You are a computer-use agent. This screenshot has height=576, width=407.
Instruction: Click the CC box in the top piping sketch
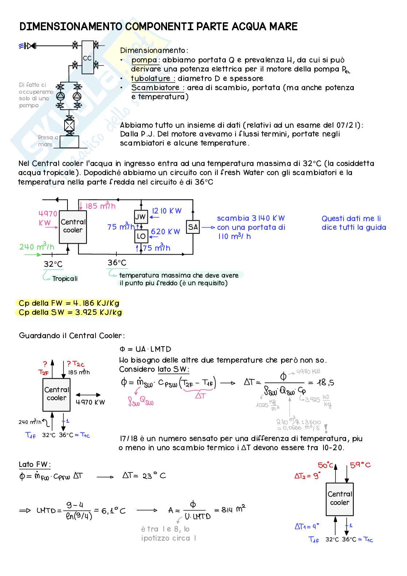point(88,57)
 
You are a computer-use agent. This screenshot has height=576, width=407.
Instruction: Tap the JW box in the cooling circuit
point(141,217)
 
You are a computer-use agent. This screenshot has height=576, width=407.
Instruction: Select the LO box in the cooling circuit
point(141,236)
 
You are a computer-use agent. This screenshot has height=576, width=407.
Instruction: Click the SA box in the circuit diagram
point(193,227)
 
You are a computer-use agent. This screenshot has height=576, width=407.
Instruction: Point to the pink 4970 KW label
point(48,218)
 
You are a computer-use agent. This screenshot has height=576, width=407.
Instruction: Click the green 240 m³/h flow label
point(37,247)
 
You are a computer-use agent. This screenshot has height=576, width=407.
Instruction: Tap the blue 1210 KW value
point(167,211)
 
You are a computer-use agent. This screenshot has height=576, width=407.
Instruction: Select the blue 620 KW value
point(166,232)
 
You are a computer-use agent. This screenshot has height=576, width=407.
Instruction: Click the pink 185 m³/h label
point(100,206)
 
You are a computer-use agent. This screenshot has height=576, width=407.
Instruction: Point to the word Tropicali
point(65,279)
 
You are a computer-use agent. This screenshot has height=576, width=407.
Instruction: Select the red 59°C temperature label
point(360,465)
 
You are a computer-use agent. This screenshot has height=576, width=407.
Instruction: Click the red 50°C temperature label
point(325,465)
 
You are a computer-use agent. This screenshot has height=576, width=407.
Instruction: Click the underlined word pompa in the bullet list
point(144,60)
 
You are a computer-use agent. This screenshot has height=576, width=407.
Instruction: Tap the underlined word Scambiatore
point(155,88)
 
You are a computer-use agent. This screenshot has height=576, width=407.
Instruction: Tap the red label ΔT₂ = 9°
point(307,476)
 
